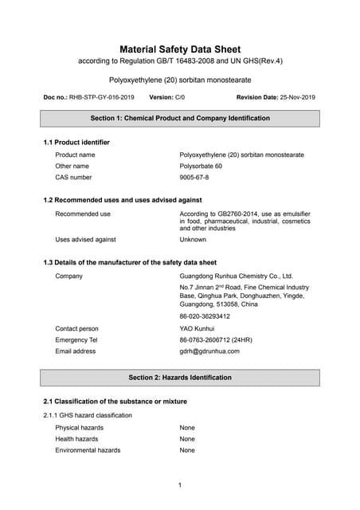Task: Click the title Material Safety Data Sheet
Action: [x=180, y=49]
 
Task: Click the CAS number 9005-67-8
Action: [x=194, y=178]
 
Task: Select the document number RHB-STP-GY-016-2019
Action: [x=100, y=97]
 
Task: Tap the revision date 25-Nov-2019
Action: [x=297, y=97]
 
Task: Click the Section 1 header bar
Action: [x=180, y=118]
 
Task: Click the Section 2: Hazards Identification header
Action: [x=180, y=377]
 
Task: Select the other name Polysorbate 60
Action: [x=203, y=166]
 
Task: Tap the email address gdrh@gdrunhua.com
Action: [x=209, y=351]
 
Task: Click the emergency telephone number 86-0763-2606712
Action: [x=216, y=339]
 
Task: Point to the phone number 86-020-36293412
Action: [x=205, y=316]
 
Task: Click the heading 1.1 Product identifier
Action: [x=76, y=142]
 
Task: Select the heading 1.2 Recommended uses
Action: [x=122, y=200]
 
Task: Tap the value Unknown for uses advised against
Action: [x=193, y=239]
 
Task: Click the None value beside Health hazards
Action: [x=187, y=439]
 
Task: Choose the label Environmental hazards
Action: [x=88, y=450]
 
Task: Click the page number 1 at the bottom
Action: [x=180, y=485]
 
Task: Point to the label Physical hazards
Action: [x=79, y=428]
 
